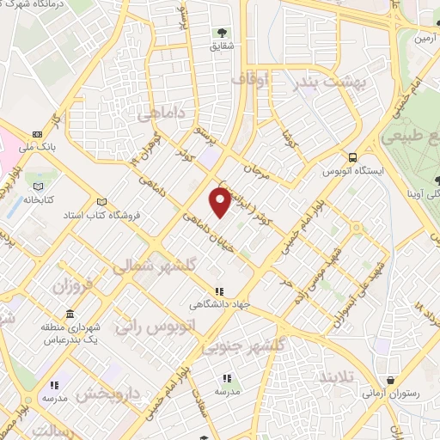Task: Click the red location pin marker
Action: pyautogui.click(x=221, y=202)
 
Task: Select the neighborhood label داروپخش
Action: pyautogui.click(x=107, y=394)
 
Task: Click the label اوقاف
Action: pyautogui.click(x=252, y=79)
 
